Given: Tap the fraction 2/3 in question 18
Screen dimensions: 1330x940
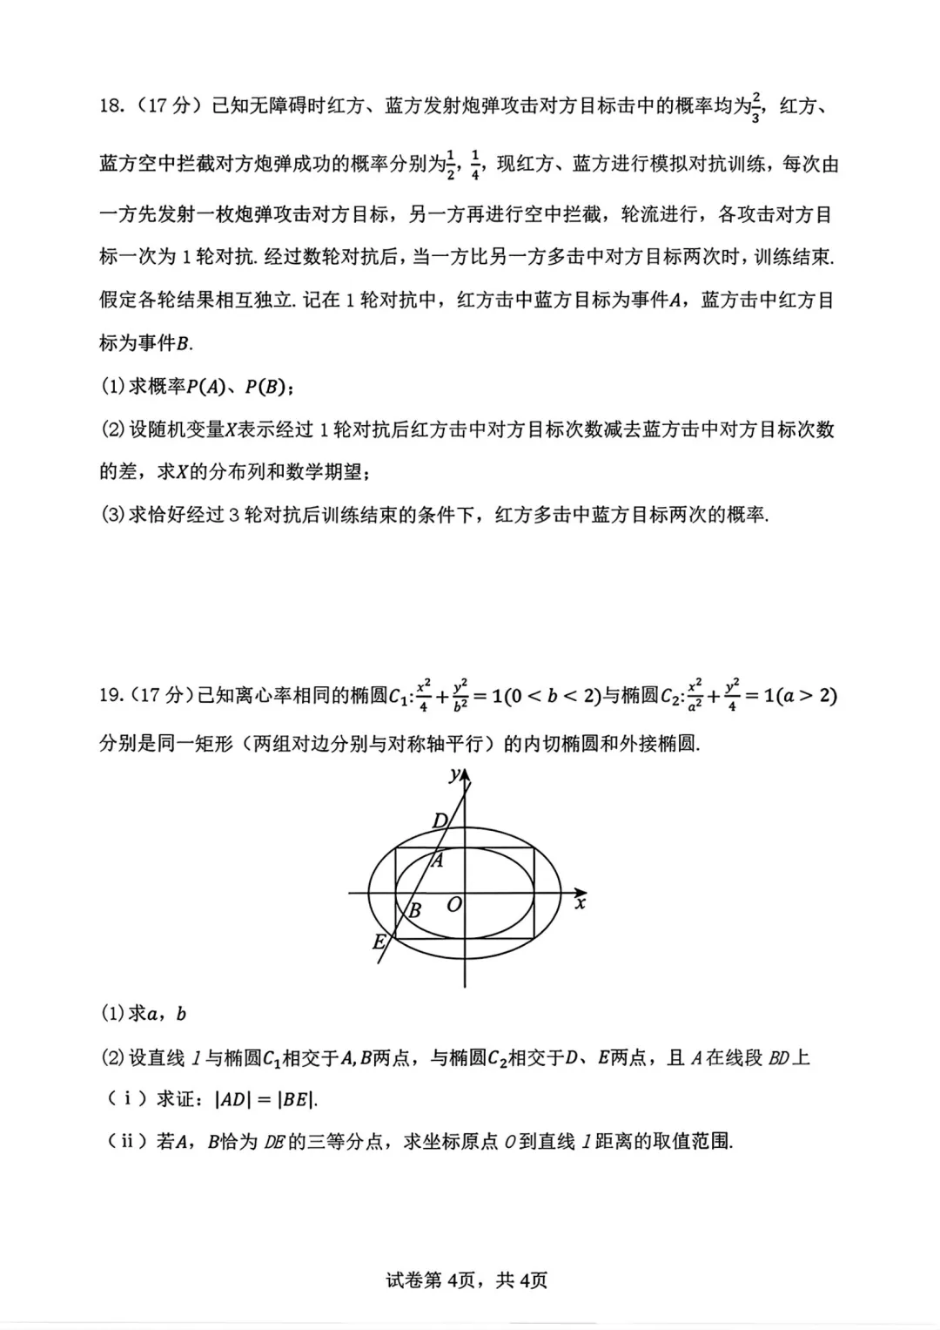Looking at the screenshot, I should point(755,107).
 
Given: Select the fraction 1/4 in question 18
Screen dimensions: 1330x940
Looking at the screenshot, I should point(475,164).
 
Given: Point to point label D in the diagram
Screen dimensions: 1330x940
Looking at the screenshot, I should point(440,820).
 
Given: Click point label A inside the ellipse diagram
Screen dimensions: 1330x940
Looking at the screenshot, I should point(438,861).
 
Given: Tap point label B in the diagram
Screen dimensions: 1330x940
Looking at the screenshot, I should point(415,911).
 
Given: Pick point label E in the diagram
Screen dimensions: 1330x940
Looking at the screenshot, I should point(379,942).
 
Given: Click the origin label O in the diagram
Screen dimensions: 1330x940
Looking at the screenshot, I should point(453,906).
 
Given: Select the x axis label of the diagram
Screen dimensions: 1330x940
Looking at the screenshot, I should point(581,903).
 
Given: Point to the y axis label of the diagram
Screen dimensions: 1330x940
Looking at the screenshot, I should point(454,773).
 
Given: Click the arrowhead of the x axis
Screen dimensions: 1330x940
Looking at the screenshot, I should point(581,892).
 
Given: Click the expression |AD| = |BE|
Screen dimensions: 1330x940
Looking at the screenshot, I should point(265,1099).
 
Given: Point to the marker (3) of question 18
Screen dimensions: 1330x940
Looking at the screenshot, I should point(113,515).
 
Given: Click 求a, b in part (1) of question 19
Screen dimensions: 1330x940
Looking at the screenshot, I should point(158,1014).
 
